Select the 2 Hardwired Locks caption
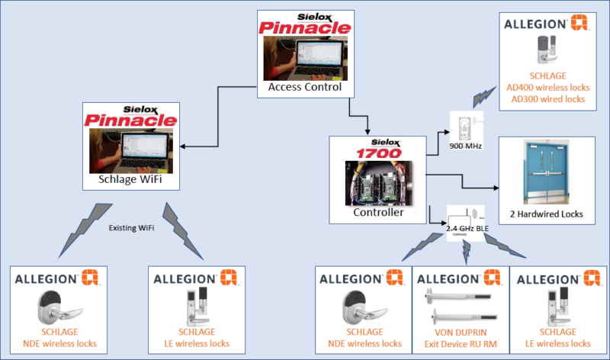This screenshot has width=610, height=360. tap(547, 214)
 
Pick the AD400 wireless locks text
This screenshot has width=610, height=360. tap(547, 87)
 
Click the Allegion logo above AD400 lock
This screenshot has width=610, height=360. tap(547, 24)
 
